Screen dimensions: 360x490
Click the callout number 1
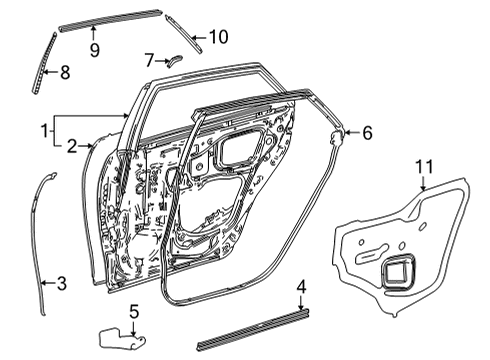click(x=43, y=129)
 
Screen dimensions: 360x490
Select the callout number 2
click(x=71, y=147)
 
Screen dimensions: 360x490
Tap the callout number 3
click(x=61, y=284)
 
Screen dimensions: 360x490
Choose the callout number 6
click(x=366, y=131)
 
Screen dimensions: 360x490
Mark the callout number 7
click(x=149, y=60)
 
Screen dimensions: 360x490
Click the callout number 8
click(x=65, y=71)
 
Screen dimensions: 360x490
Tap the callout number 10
click(x=218, y=37)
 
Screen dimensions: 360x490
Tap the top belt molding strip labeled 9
click(x=110, y=19)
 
